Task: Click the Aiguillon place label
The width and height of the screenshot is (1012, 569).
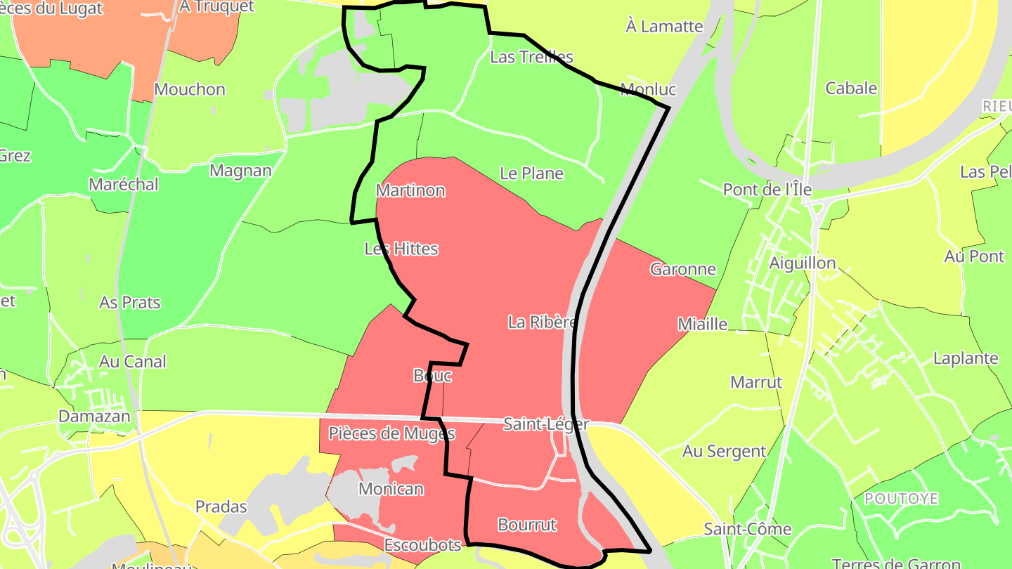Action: pyautogui.click(x=803, y=263)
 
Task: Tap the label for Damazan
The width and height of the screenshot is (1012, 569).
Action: pyautogui.click(x=94, y=416)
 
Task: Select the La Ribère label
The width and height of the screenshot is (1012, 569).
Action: pyautogui.click(x=543, y=322)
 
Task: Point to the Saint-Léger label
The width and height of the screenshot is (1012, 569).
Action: pyautogui.click(x=546, y=424)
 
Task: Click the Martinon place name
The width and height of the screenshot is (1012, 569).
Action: pyautogui.click(x=410, y=190)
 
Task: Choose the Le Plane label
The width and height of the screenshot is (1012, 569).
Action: pyautogui.click(x=531, y=173)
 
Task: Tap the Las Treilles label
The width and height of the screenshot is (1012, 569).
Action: pyautogui.click(x=531, y=57)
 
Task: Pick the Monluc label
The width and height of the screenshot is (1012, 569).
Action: pyautogui.click(x=648, y=89)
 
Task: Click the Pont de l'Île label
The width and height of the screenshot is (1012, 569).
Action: pyautogui.click(x=767, y=189)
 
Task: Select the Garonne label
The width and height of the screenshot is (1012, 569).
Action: pyautogui.click(x=682, y=269)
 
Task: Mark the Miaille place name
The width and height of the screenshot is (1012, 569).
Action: pyautogui.click(x=702, y=324)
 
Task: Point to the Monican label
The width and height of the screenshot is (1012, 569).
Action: pyautogui.click(x=391, y=489)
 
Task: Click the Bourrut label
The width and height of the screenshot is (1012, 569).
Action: pyautogui.click(x=527, y=525)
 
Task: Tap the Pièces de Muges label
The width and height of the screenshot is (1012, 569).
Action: pyautogui.click(x=391, y=433)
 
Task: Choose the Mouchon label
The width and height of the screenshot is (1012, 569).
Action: pyautogui.click(x=190, y=89)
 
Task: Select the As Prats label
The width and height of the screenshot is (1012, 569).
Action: pyautogui.click(x=130, y=303)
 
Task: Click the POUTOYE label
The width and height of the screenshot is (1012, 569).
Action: pyautogui.click(x=901, y=499)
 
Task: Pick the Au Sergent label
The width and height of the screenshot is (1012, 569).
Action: pyautogui.click(x=724, y=452)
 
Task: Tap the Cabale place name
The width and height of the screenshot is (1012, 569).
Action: pyautogui.click(x=851, y=89)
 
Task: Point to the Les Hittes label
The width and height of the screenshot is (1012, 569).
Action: pyautogui.click(x=401, y=249)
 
